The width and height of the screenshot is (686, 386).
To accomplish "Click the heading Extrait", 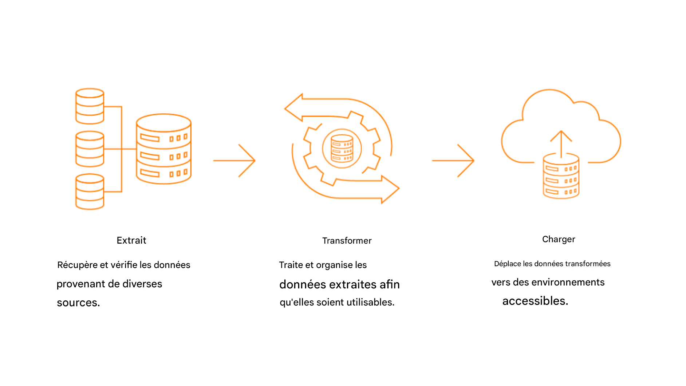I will click(131, 240).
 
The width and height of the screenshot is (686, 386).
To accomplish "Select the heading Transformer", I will click(347, 241).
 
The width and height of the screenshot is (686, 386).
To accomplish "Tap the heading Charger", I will click(558, 239).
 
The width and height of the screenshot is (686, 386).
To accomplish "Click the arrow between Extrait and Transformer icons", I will click(234, 161).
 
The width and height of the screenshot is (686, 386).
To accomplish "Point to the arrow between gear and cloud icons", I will click(453, 161).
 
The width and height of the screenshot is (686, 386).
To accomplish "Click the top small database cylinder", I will click(90, 106).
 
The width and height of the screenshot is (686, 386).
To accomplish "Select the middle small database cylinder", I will click(90, 149).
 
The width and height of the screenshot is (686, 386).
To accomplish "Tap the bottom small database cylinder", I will click(90, 192).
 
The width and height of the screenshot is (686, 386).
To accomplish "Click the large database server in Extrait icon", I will click(163, 149).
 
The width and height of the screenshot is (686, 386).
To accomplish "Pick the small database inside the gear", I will click(342, 148).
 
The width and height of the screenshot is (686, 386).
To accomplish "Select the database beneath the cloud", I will click(561, 177).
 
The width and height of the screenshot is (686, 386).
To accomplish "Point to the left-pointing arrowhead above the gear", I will click(294, 108).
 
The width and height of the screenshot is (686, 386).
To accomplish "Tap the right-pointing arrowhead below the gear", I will click(390, 189).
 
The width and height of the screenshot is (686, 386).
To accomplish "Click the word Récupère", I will click(77, 265).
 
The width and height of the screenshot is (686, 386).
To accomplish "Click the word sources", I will click(78, 303).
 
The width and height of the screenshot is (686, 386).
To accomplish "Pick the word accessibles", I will click(535, 301).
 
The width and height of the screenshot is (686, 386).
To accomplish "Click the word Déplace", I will click(507, 264).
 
